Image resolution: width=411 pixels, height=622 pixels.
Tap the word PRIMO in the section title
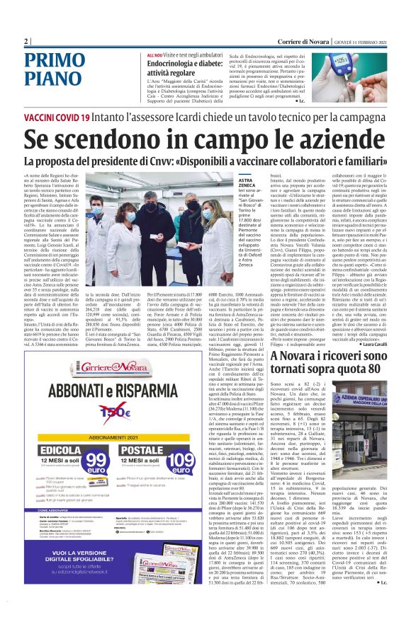click(x=54, y=59)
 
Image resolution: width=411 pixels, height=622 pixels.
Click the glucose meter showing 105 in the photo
click(x=364, y=67)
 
